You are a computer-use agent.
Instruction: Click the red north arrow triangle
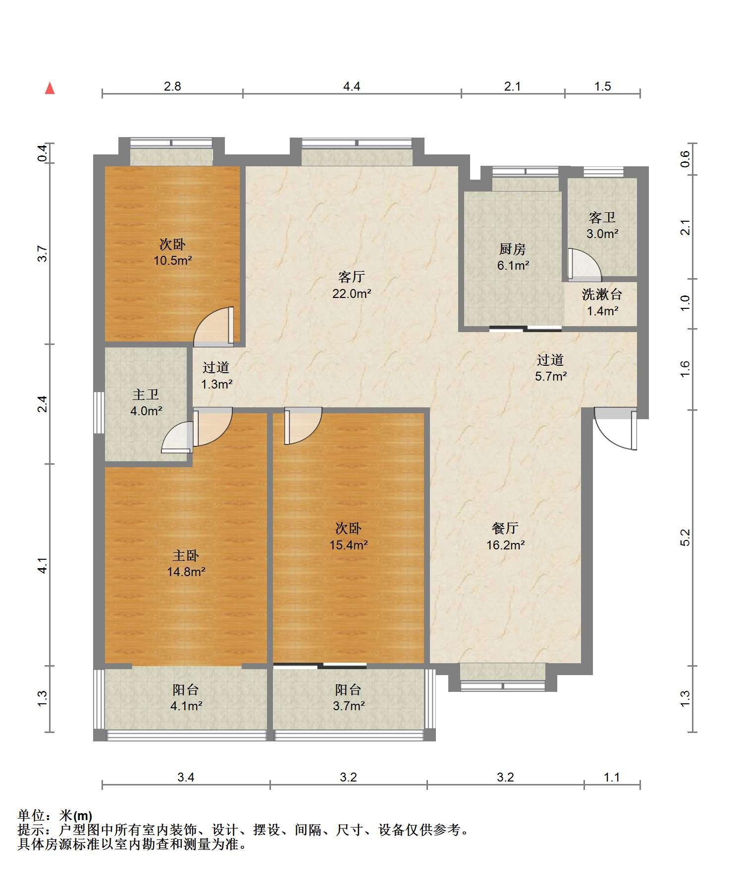point(50,88)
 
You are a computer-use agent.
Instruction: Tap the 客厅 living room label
point(352,277)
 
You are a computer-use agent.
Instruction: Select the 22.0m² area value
point(352,293)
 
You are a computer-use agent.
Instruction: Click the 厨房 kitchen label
point(513,249)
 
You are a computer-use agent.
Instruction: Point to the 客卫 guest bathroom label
point(602,218)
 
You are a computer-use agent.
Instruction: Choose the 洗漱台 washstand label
point(602,294)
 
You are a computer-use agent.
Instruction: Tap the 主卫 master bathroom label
point(146,394)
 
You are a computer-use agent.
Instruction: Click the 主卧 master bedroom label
point(186,555)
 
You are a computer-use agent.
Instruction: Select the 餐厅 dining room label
point(505,528)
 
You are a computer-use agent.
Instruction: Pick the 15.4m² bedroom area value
point(349,545)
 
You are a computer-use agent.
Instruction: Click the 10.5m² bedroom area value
point(172,260)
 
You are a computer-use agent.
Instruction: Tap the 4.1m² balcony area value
point(186,706)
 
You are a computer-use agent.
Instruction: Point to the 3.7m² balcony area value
point(349,706)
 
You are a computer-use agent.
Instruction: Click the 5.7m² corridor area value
point(551,376)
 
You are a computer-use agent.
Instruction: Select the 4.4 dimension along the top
point(352,86)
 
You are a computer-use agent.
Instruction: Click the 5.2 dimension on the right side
point(685,537)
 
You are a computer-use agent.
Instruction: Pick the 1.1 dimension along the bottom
point(612,777)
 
